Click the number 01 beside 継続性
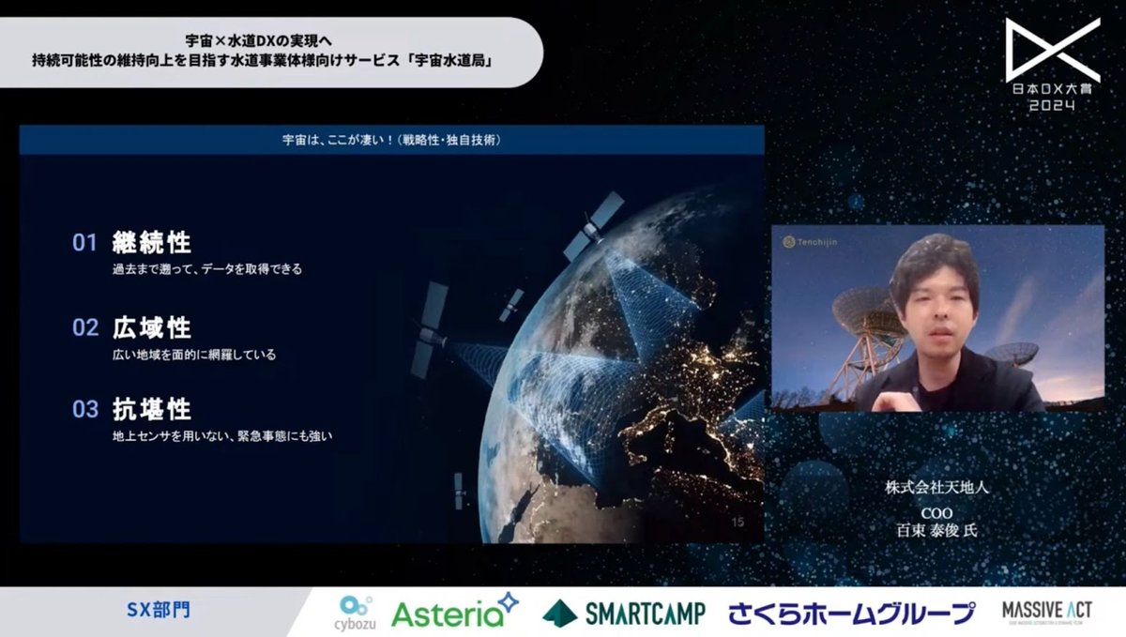85,244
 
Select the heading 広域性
151,327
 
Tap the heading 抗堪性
151,409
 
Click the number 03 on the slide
85,410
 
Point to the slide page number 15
737,522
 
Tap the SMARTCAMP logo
622,614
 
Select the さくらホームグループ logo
851,614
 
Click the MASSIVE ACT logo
1046,612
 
